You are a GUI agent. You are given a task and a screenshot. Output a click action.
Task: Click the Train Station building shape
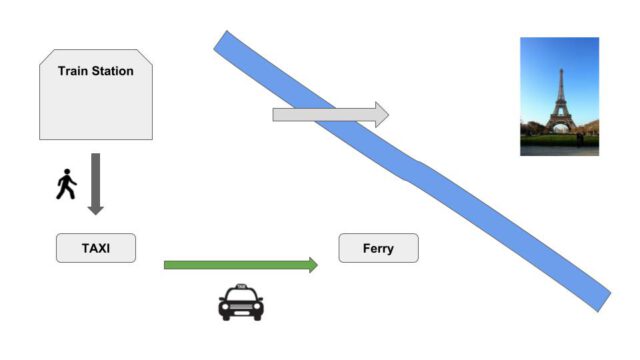96,100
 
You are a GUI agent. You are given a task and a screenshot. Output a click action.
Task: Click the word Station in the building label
114,71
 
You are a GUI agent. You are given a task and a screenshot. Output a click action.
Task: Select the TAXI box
96,248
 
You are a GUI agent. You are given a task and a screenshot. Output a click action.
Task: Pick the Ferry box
378,248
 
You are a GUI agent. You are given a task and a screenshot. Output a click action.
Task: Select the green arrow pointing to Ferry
240,265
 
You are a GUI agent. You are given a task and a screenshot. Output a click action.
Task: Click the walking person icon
66,185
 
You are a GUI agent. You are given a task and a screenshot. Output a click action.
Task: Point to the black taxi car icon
241,303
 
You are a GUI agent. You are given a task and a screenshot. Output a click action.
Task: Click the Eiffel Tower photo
559,96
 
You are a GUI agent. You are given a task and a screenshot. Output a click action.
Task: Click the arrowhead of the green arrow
313,265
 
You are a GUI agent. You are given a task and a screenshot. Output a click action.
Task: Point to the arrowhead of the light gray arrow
381,114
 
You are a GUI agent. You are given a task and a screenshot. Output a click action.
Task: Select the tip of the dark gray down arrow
96,212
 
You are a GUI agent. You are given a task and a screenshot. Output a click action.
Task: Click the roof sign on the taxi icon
241,286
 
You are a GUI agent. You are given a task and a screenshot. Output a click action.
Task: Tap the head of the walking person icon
68,173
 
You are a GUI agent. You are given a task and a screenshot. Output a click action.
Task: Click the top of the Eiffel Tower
560,68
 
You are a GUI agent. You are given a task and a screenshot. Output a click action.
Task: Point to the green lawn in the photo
558,141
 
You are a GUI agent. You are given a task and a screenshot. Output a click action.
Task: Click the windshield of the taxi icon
241,296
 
